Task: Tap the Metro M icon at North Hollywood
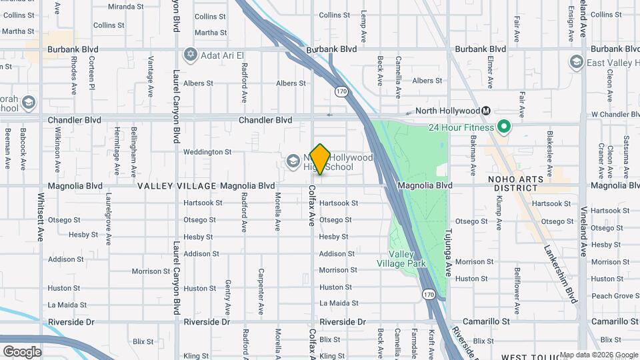tap(487, 111)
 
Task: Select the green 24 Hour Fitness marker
tap(505, 127)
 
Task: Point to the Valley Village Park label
tap(407, 259)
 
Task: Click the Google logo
tap(23, 351)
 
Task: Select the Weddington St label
tap(207, 152)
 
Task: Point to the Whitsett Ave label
tap(41, 217)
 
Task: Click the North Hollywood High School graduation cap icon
tap(292, 161)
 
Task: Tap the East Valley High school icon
tap(576, 63)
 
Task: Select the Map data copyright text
tap(599, 355)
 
